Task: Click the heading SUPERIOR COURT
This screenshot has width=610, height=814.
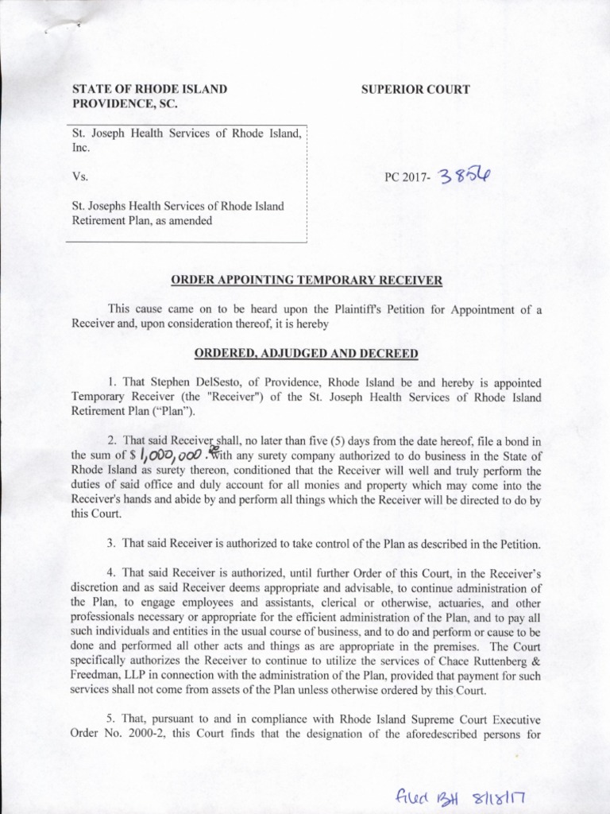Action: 415,89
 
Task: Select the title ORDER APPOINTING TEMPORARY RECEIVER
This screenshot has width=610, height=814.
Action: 305,281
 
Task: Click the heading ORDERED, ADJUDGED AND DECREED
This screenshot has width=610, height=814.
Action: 305,352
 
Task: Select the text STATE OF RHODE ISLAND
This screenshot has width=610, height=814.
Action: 150,89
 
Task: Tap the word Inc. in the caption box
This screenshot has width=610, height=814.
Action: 81,148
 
